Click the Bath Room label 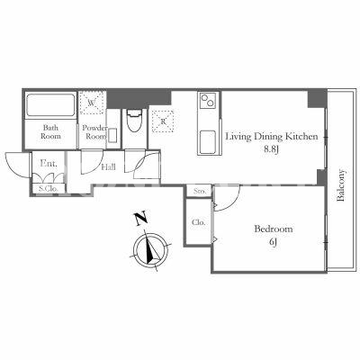(50, 131)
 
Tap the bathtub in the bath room (50, 105)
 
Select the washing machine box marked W (92, 103)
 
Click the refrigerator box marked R (163, 121)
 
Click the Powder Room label (94, 132)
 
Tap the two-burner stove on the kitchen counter (209, 100)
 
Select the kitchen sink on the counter (208, 142)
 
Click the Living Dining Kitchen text (272, 137)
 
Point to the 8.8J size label (271, 149)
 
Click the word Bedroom (274, 229)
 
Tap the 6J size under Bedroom (273, 242)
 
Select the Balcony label (341, 185)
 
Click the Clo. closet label (199, 222)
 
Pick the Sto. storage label (200, 191)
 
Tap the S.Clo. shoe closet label (49, 189)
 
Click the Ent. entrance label (49, 164)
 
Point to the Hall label (108, 167)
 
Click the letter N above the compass (140, 218)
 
